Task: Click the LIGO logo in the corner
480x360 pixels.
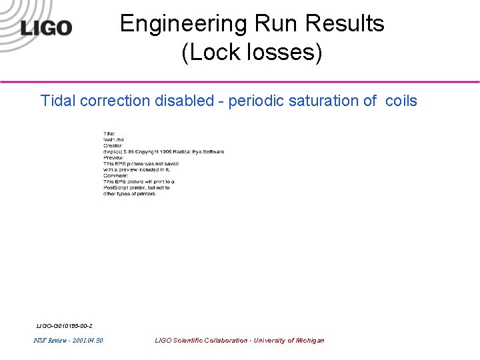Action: point(46,28)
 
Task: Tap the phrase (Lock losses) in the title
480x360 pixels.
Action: point(252,53)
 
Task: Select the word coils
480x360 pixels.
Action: point(401,101)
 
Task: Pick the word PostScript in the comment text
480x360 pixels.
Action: point(117,187)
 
